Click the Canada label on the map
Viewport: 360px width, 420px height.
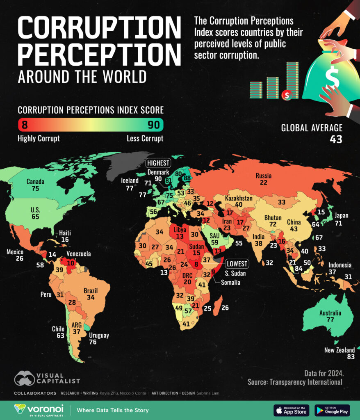(x=35, y=181)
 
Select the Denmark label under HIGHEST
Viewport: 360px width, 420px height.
(x=159, y=172)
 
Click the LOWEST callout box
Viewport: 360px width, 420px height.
(x=237, y=264)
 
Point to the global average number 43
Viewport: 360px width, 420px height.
(x=336, y=139)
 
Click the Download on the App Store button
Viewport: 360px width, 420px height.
(x=291, y=410)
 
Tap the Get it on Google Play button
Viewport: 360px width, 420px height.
(x=332, y=410)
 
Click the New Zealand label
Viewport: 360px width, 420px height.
(x=339, y=350)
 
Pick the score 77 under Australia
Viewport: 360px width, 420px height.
(x=330, y=320)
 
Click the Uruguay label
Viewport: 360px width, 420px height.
(x=98, y=335)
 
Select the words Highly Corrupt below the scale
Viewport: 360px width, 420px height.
(x=39, y=138)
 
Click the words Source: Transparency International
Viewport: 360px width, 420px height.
(x=295, y=382)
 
